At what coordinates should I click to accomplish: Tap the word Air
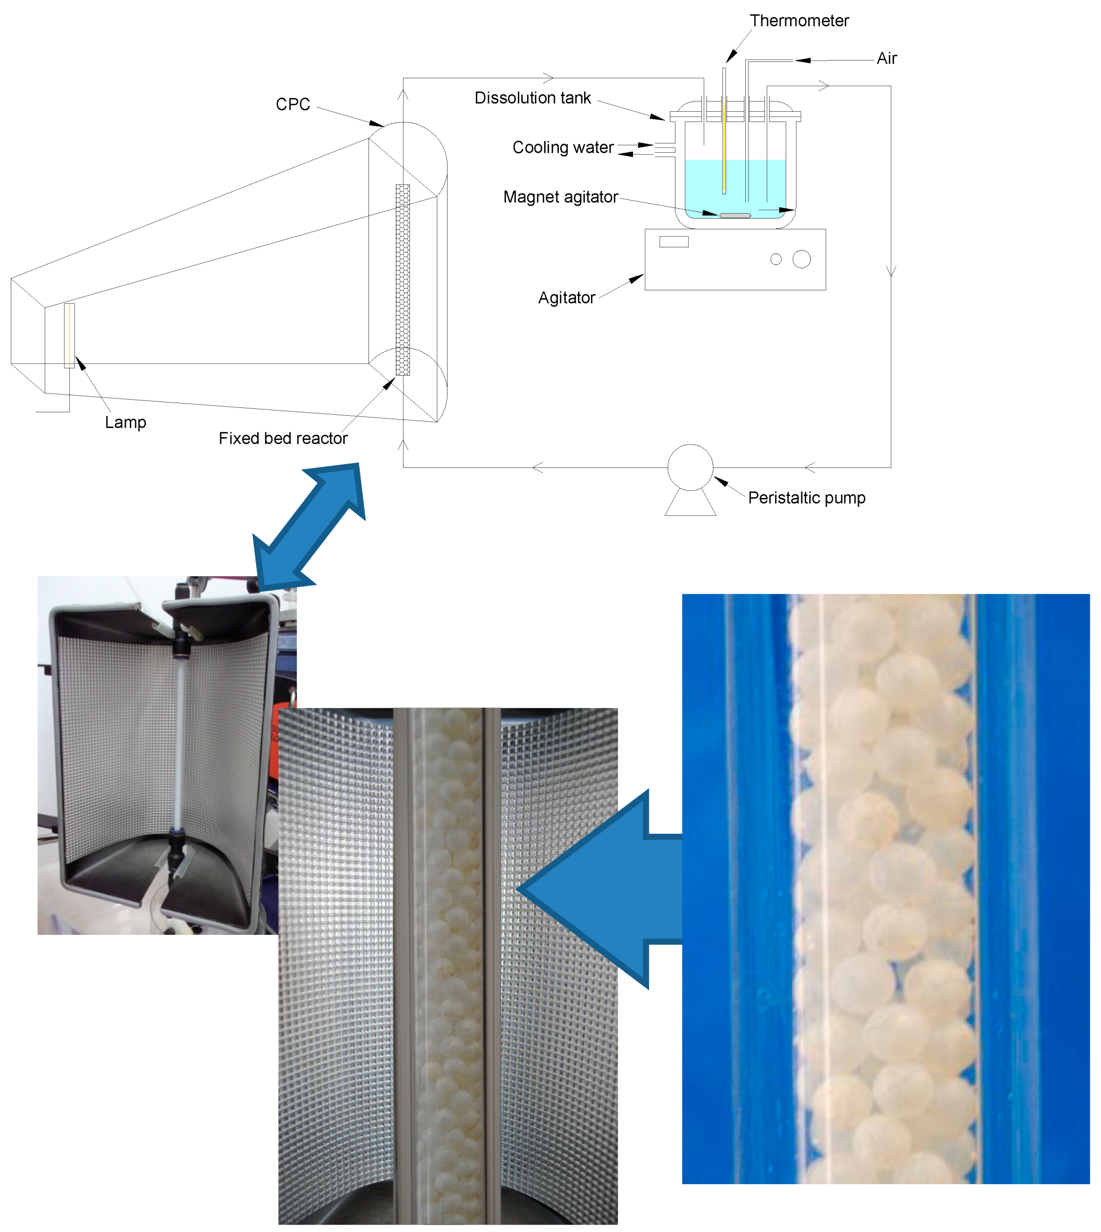[x=886, y=59]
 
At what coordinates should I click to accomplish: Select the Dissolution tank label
[x=532, y=98]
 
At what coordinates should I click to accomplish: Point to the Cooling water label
[x=563, y=147]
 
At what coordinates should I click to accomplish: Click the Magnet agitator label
[x=560, y=197]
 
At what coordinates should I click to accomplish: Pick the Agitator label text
[x=566, y=298]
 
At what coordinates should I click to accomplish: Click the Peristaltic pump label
[x=806, y=498]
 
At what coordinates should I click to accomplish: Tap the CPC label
[x=293, y=104]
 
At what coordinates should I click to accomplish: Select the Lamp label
[x=125, y=422]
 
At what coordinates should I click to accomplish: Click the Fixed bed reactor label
[x=283, y=439]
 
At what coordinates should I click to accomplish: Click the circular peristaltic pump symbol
[x=690, y=467]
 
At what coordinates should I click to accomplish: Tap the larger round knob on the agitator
[x=801, y=259]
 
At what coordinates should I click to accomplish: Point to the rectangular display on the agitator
[x=674, y=242]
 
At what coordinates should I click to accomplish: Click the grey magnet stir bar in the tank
[x=735, y=215]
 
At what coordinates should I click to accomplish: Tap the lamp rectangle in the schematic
[x=70, y=335]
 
